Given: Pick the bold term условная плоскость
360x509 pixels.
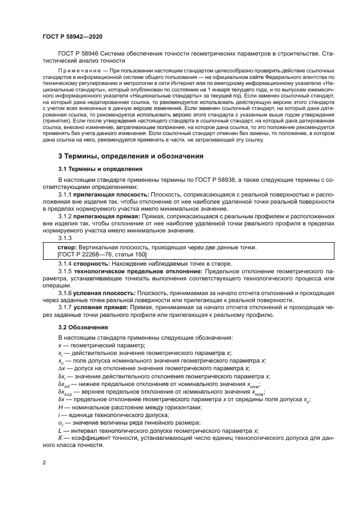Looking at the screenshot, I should [x=105, y=292].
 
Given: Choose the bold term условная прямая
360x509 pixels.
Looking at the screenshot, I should [x=101, y=307].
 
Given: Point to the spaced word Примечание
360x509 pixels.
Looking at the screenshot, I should [x=80, y=71].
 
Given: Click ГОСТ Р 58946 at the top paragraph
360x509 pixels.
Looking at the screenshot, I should [x=80, y=53].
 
